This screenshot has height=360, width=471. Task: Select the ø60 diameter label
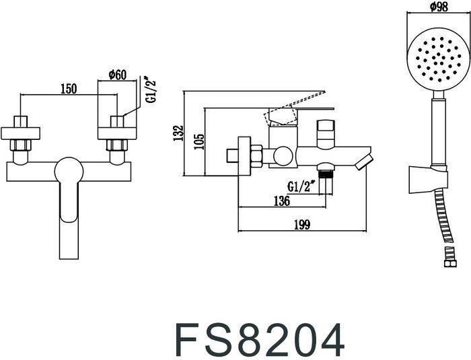[x=118, y=75]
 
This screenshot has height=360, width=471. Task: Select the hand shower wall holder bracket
[x=425, y=178]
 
